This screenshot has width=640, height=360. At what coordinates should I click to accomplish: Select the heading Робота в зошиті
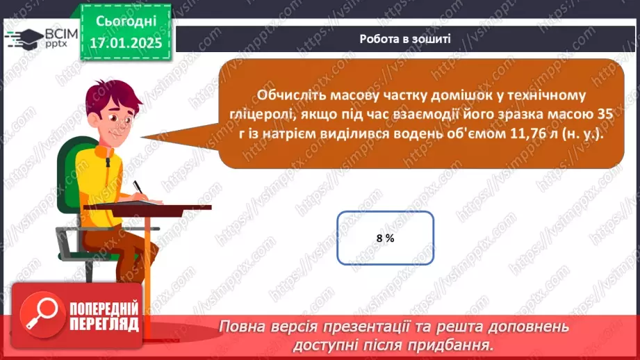(405, 39)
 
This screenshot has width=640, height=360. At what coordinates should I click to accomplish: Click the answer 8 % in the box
(385, 238)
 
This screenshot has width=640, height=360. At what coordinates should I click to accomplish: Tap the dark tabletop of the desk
(152, 206)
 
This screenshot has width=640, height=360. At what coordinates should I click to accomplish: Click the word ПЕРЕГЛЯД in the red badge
(104, 325)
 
